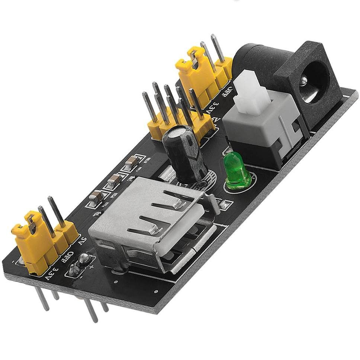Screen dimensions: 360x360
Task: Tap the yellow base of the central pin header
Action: coord(179,126)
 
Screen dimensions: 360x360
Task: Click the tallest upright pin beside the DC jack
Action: coord(218,48)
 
